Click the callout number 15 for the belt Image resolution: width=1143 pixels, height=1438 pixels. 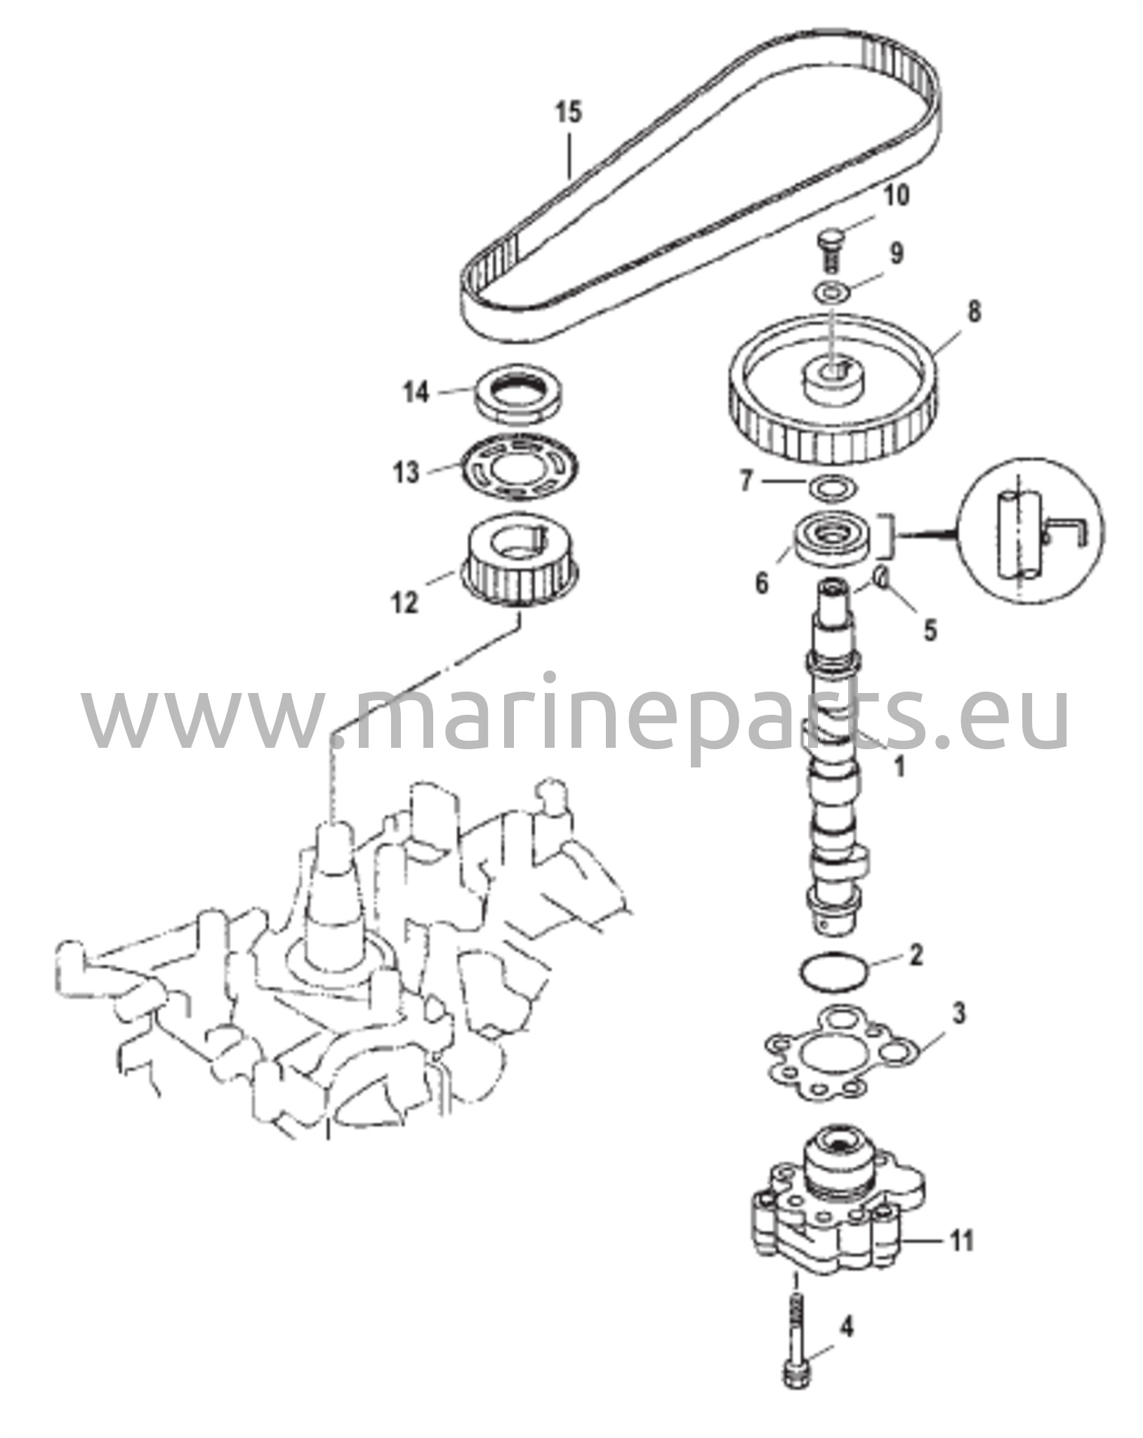[569, 112]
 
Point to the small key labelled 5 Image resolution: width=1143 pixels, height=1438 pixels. [882, 578]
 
